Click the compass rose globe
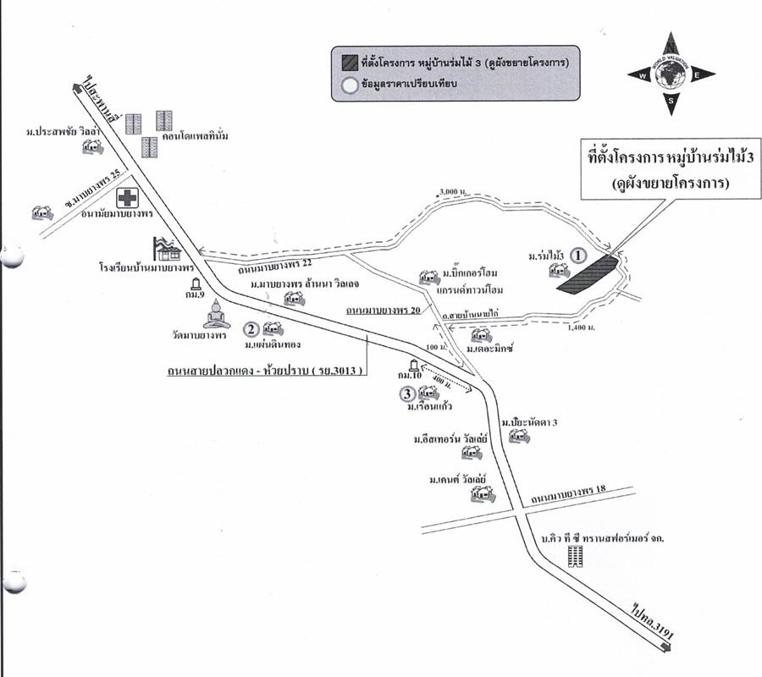(x=671, y=74)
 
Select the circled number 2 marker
(x=251, y=329)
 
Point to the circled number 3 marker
(x=407, y=394)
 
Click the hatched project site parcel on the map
(x=588, y=275)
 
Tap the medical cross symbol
(x=128, y=198)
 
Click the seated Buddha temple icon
(x=216, y=314)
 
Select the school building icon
(x=167, y=249)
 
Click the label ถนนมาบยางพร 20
(x=380, y=311)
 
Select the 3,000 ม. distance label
(x=453, y=192)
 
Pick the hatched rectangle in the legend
(x=347, y=62)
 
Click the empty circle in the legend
(x=347, y=84)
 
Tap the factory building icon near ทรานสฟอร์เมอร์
(x=577, y=556)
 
